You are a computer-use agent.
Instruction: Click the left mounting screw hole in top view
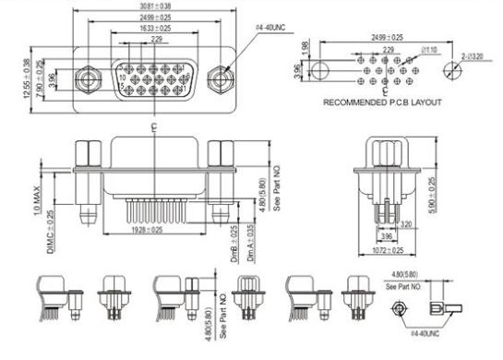point(88,77)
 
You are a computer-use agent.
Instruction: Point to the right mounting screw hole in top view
point(219,77)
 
